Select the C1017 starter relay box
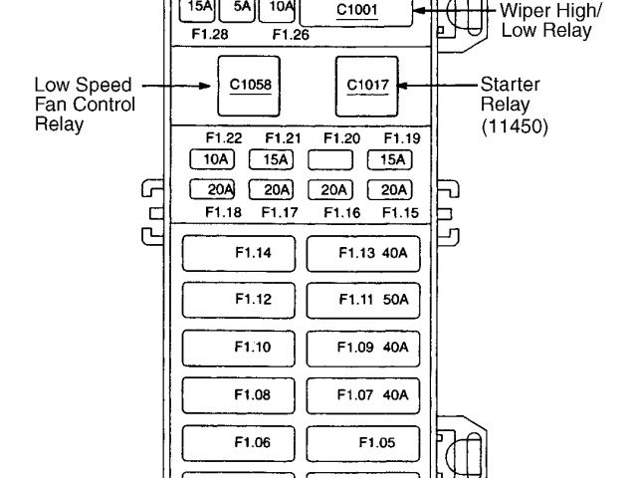(366, 85)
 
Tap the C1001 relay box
(355, 11)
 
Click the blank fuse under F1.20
(332, 159)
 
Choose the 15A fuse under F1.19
(390, 159)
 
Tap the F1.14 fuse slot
(239, 253)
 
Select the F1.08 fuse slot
(239, 395)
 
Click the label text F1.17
(280, 212)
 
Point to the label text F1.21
(284, 138)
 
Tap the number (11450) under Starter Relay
(514, 126)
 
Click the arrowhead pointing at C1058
(205, 85)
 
